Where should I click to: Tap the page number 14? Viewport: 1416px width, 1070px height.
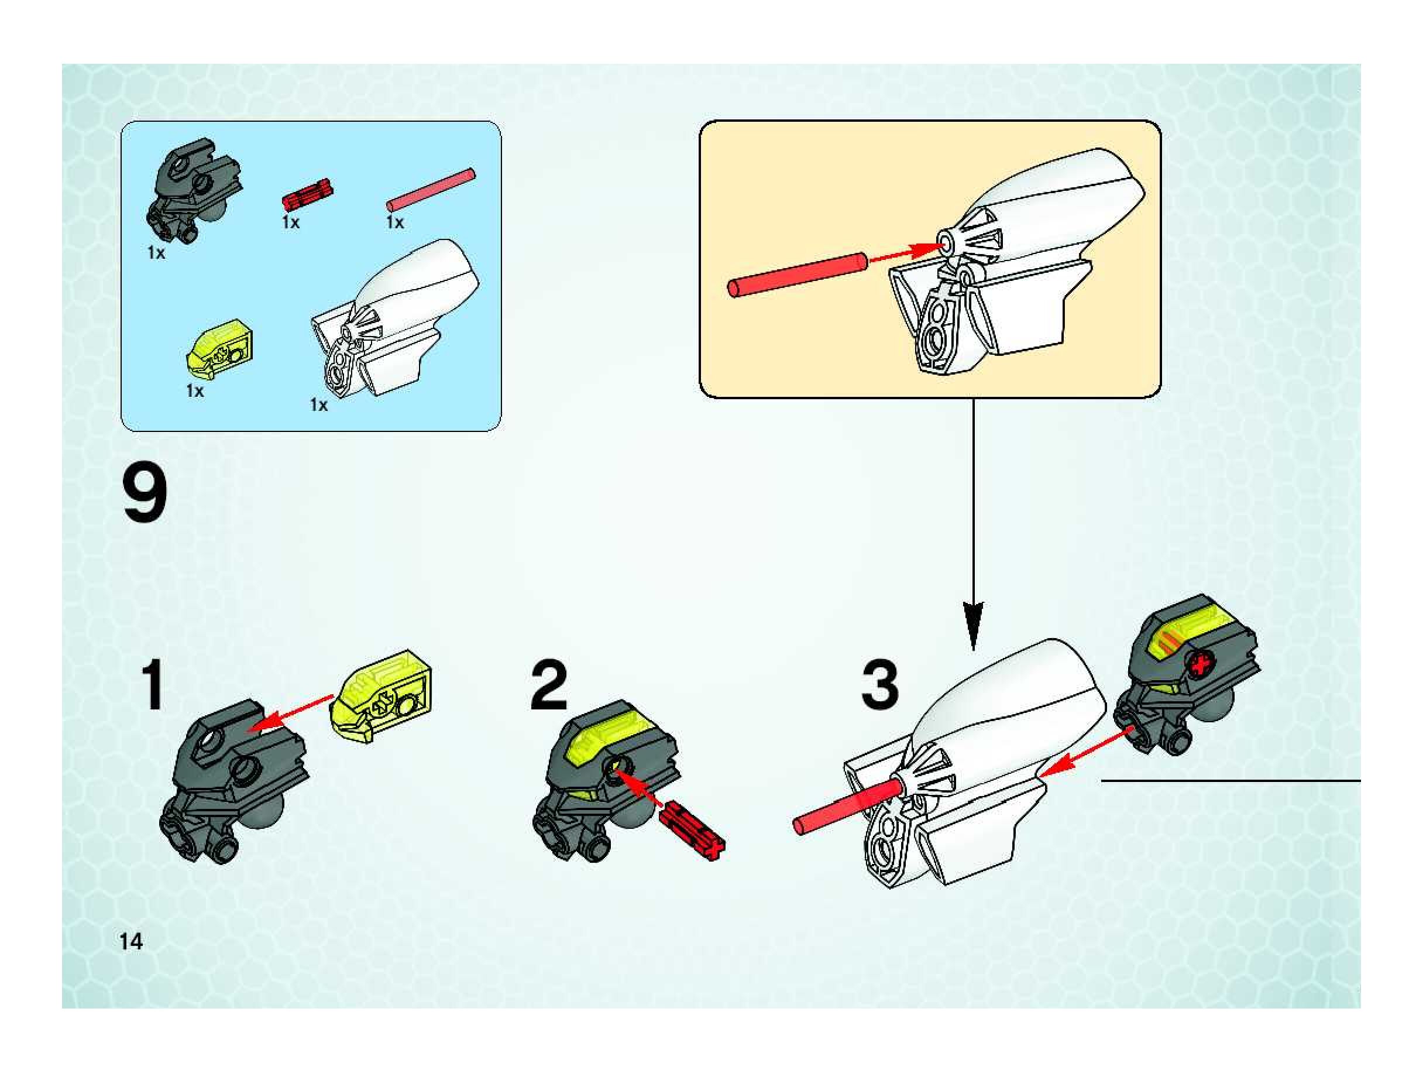[130, 941]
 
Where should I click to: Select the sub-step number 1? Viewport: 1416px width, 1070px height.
[153, 686]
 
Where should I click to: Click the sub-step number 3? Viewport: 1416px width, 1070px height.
[879, 686]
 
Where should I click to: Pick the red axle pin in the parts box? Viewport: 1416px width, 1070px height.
[308, 195]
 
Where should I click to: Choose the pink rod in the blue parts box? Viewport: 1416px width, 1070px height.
[431, 190]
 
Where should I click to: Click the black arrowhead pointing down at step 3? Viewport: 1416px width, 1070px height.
[973, 625]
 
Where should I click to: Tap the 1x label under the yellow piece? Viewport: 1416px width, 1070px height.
[195, 390]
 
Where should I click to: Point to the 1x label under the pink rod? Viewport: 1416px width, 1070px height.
[394, 222]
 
